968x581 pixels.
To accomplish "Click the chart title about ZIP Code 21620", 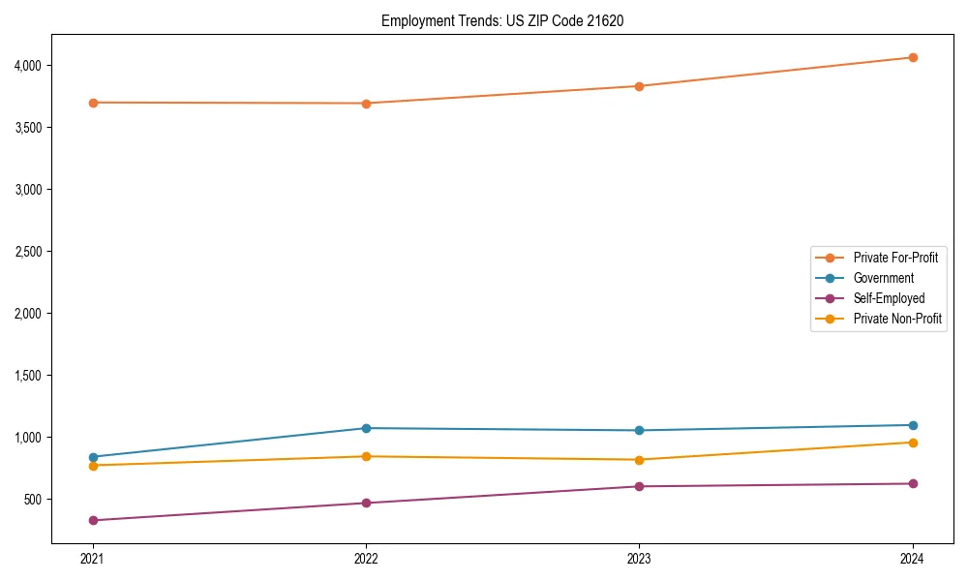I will (501, 20).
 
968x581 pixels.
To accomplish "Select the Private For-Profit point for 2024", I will (912, 57).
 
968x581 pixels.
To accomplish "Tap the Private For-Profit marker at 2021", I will (93, 103).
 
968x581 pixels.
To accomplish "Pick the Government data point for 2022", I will (366, 428).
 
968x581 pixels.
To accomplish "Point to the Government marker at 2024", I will (912, 425).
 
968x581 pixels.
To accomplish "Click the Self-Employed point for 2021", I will (93, 520).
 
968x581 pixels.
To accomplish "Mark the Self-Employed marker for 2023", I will (639, 486).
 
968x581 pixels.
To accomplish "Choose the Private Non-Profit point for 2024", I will (912, 443).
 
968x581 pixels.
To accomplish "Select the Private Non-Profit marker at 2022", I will (366, 456).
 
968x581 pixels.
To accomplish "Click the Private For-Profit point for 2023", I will (639, 86).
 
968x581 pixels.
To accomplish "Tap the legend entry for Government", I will (883, 278).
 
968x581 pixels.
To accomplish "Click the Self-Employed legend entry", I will (889, 298).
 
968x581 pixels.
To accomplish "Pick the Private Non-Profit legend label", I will (897, 319).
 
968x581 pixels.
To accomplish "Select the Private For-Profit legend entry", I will (895, 258).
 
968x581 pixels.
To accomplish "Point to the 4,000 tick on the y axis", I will (27, 66).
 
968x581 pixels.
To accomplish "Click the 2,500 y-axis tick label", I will (27, 252).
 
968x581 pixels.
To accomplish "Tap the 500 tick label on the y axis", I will (32, 500).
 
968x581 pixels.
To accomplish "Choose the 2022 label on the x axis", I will (366, 559).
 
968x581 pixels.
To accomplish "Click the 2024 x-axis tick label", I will (912, 559).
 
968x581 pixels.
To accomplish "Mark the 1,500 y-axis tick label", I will (27, 376).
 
